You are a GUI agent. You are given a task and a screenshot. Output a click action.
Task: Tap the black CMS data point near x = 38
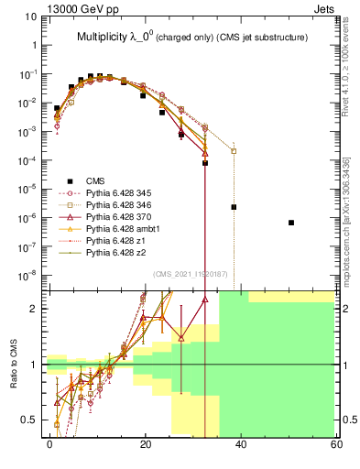pyautogui.click(x=234, y=207)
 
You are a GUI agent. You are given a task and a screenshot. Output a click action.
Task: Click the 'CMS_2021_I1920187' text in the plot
pyautogui.click(x=191, y=274)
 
